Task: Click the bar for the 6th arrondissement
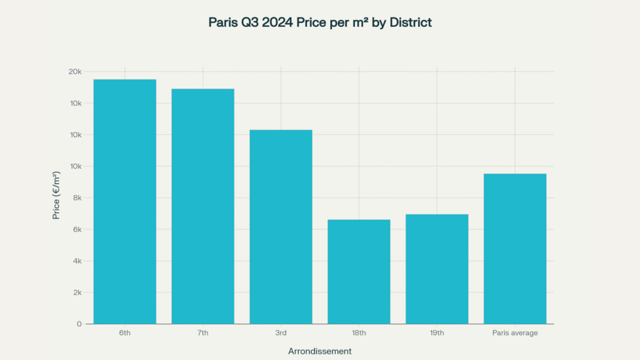125,201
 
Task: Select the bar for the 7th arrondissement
202,206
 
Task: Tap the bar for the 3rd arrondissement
281,226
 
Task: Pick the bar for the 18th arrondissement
359,271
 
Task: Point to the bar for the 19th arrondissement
437,269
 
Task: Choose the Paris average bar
515,248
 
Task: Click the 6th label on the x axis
125,333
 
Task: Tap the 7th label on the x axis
202,333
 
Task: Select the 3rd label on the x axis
281,333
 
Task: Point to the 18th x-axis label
359,333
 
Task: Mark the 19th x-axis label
437,333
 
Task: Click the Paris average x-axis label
515,333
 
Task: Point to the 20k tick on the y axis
75,72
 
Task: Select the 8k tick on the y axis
76,198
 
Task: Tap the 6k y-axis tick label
76,229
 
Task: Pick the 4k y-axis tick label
76,261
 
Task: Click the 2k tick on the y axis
76,292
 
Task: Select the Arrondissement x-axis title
319,351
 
